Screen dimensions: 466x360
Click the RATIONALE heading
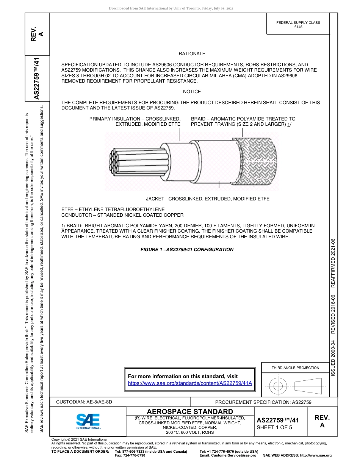coord(192,54)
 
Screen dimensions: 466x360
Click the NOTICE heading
coord(192,92)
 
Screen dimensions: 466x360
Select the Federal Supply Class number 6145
coord(298,27)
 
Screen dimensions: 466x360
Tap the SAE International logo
coord(88,421)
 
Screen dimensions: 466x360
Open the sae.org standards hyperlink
coord(190,383)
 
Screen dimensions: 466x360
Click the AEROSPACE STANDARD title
coord(190,411)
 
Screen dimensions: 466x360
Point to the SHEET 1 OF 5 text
coord(275,428)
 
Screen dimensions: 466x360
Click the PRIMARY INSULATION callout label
coord(135,121)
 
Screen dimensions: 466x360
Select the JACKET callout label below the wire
coord(208,199)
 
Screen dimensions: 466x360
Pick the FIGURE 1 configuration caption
coord(187,250)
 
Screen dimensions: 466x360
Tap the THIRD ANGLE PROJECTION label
coord(295,367)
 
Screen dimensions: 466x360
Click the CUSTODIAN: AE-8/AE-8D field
coord(84,402)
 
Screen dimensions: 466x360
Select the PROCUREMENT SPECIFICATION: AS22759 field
coord(263,402)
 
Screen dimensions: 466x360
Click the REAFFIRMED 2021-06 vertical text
coord(333,263)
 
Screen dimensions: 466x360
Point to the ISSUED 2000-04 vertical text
coord(333,358)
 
